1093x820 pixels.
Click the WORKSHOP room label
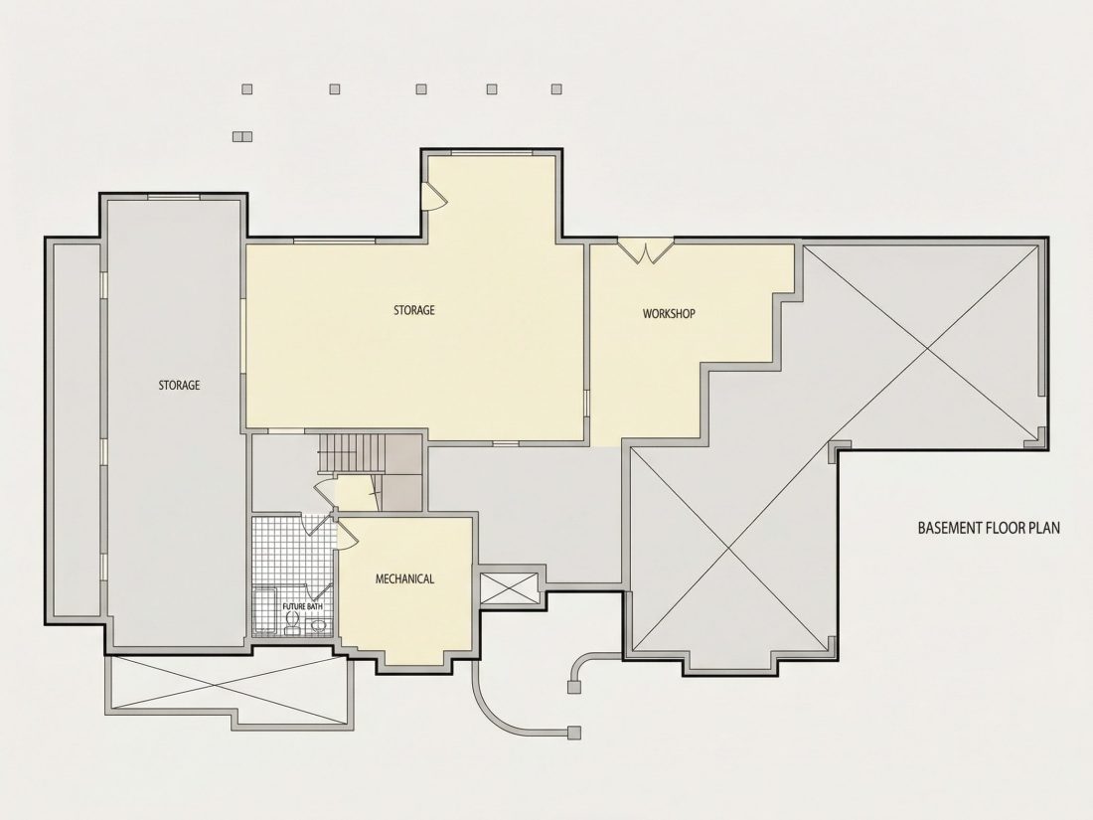669,314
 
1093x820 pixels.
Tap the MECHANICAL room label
404,578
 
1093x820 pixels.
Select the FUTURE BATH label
302,606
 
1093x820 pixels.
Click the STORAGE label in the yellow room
414,310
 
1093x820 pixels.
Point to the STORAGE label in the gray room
179,385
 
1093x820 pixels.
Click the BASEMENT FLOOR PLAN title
989,528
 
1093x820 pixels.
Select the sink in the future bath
318,626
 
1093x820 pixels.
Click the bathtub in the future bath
264,611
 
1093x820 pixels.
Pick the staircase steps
352,452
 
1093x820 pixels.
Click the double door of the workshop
646,251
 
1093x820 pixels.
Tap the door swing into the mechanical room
347,534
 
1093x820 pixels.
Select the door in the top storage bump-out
433,197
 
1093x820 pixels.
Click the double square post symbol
242,137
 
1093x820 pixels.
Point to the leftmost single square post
246,89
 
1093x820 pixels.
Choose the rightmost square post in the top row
556,89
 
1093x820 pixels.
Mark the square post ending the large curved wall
573,733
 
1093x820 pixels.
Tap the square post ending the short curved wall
573,688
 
